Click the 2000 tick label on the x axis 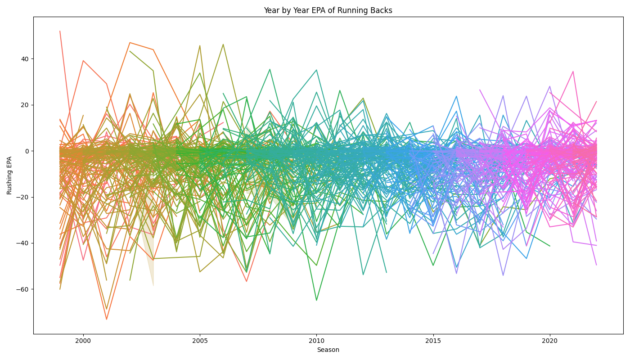pos(83,341)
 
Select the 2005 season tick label pos(200,341)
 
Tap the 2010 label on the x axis pos(316,341)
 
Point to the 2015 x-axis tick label pos(433,341)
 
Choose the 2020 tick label pos(550,341)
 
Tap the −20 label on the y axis pos(23,197)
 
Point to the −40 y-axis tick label pos(23,243)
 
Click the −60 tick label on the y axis pos(23,289)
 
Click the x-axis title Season pos(328,350)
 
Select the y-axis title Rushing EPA pos(9,175)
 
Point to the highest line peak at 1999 pos(60,31)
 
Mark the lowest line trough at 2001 pos(107,319)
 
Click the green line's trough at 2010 pos(316,300)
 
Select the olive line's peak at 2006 pos(223,44)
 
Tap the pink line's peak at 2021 pos(573,71)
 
